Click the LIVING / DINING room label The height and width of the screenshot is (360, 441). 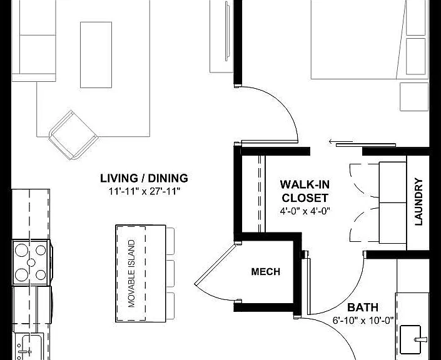[x=144, y=178]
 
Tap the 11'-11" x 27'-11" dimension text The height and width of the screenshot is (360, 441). [x=144, y=192]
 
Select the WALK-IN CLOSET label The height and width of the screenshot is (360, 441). [x=305, y=191]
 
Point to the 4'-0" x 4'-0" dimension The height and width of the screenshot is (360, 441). [x=305, y=211]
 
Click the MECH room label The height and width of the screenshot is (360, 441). [x=265, y=271]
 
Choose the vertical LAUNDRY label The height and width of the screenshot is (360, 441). [x=418, y=201]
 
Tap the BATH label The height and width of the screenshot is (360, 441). [x=363, y=307]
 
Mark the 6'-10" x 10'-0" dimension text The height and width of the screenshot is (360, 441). [x=363, y=321]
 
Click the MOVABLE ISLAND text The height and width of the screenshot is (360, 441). [x=131, y=274]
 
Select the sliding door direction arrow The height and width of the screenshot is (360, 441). [x=340, y=141]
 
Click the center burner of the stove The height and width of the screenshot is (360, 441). [x=31, y=262]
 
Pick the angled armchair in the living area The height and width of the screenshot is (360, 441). [x=73, y=135]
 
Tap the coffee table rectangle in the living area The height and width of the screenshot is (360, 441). [x=96, y=55]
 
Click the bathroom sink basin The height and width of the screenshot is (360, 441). [x=410, y=339]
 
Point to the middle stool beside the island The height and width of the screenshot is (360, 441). [x=170, y=274]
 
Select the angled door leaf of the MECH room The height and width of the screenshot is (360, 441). [x=215, y=264]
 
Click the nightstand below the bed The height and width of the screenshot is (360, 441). [x=414, y=97]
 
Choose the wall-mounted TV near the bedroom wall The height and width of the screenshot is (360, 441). [x=227, y=31]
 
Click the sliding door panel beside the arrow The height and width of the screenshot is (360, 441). [x=366, y=145]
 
